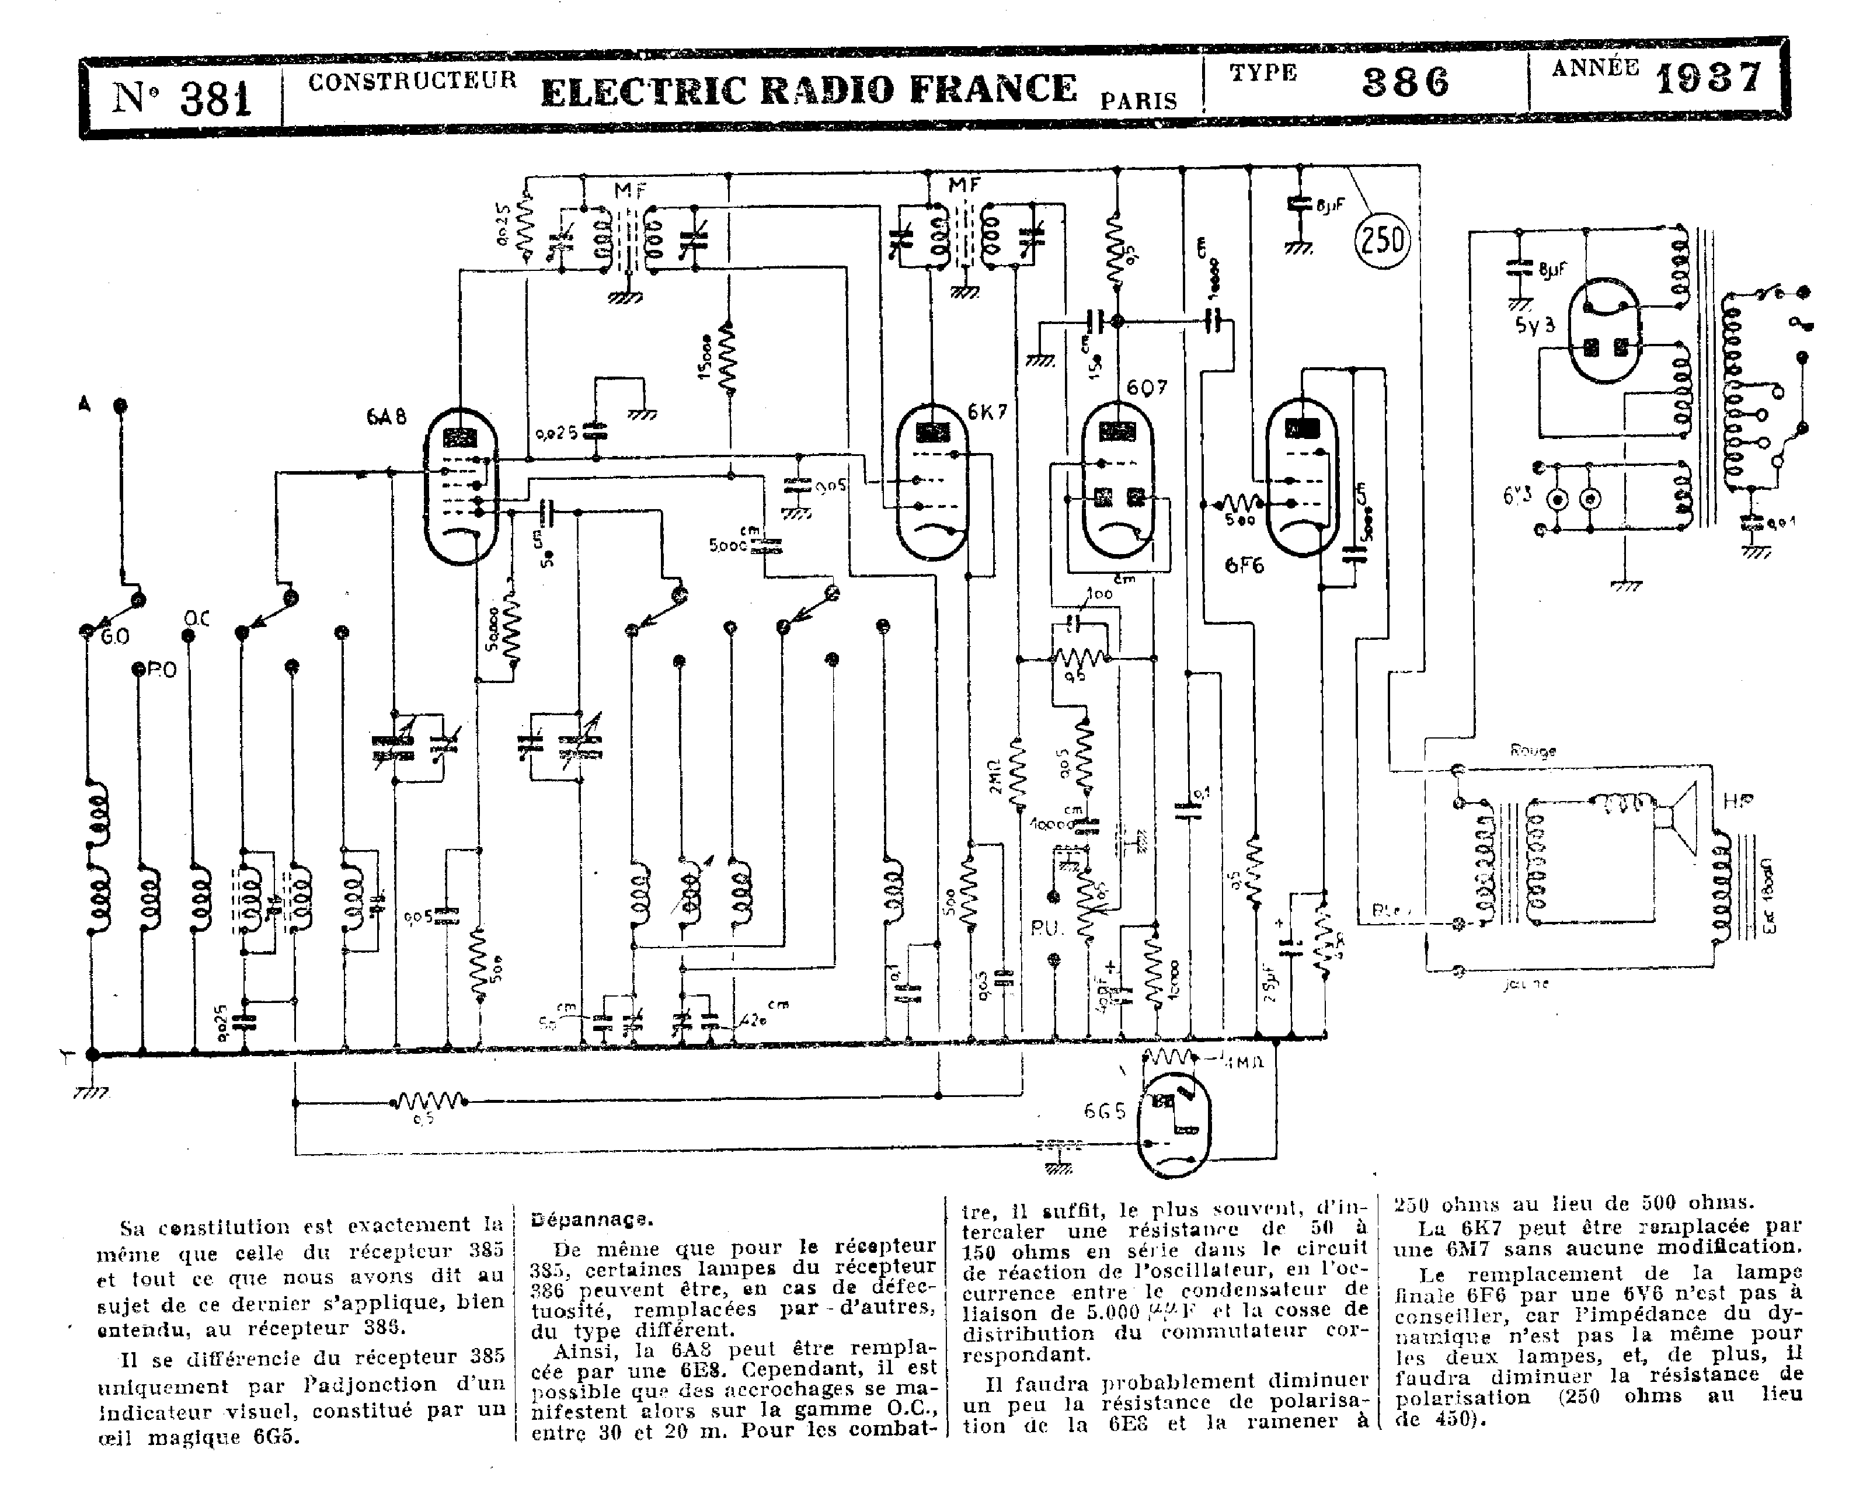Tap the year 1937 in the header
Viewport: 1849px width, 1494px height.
[x=1709, y=80]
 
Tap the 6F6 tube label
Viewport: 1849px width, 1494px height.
[x=1244, y=565]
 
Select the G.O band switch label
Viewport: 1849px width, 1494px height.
[x=115, y=637]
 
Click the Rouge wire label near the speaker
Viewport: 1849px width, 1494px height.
[x=1533, y=750]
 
